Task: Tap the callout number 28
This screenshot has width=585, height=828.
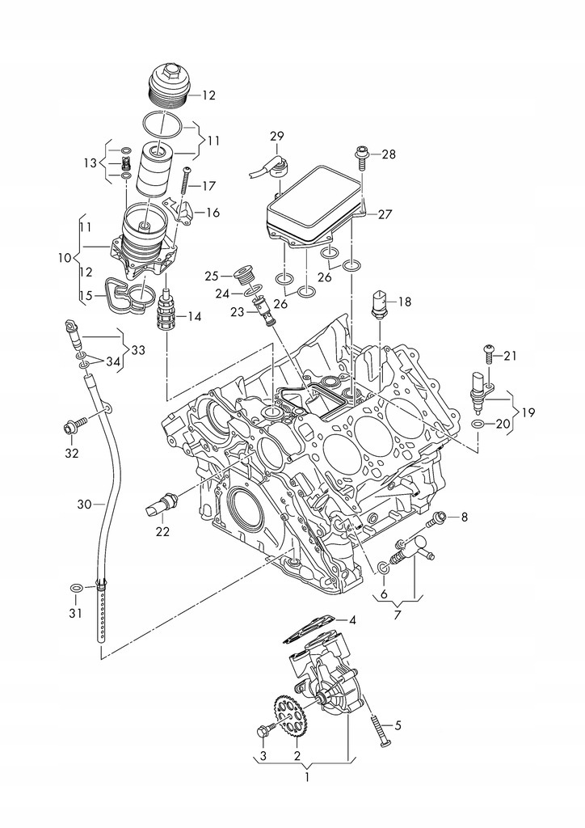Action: (389, 154)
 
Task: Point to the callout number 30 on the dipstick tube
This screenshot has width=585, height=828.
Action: (85, 504)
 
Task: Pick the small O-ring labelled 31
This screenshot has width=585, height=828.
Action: (74, 588)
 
